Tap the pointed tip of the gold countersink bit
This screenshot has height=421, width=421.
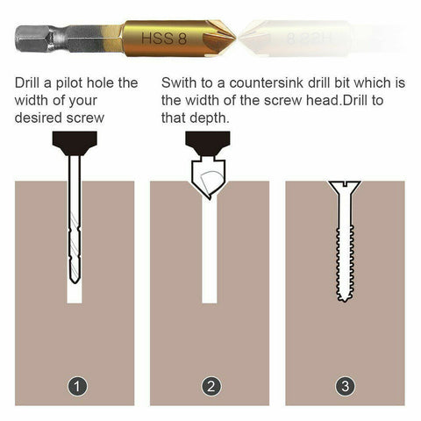tap(234, 39)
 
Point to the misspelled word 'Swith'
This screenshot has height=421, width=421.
tap(182, 83)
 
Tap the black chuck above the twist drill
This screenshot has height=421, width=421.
tap(74, 141)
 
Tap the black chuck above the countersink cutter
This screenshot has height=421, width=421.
tap(209, 141)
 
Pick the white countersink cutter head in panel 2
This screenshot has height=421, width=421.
tap(209, 181)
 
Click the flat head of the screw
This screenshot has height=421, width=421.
tap(345, 185)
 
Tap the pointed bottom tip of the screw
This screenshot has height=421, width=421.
tap(345, 299)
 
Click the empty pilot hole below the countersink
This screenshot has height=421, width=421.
tap(210, 254)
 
